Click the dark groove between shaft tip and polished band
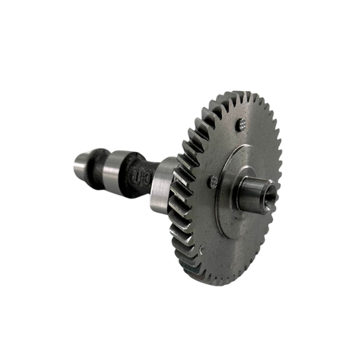tap(96, 168)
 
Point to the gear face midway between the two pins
tap(226, 151)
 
